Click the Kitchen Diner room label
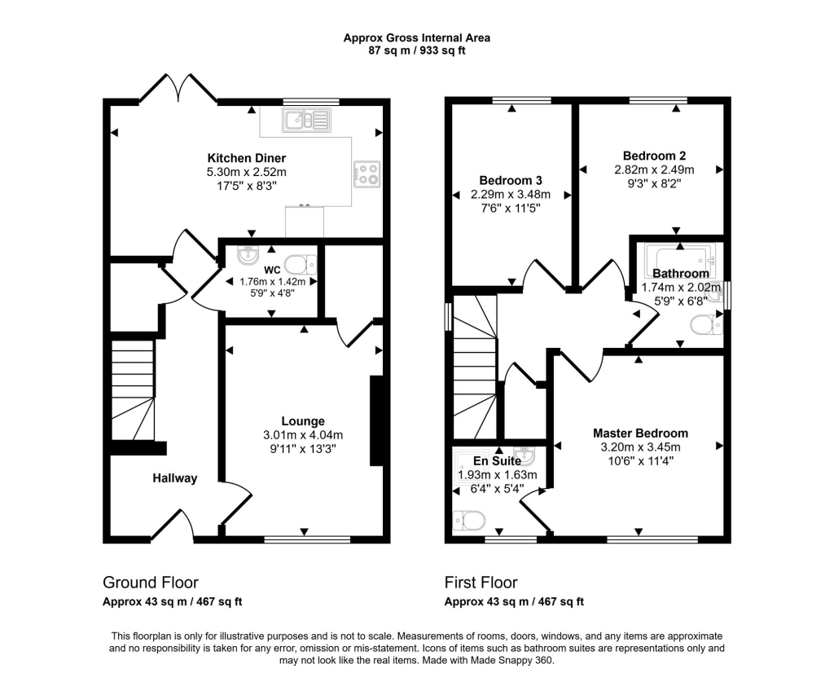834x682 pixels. click(247, 157)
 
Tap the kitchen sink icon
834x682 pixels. click(307, 121)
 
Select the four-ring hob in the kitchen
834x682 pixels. click(367, 173)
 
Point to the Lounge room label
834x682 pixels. click(303, 421)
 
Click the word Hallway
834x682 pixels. click(175, 478)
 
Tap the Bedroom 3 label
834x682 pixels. click(511, 180)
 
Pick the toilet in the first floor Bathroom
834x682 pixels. click(705, 326)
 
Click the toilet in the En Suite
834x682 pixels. click(470, 518)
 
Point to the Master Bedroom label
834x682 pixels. click(640, 433)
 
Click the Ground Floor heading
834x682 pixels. click(150, 583)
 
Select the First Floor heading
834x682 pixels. click(481, 583)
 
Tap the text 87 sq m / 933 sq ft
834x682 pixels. click(416, 51)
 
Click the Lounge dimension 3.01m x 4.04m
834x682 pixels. click(303, 434)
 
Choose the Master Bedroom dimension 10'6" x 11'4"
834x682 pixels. click(640, 460)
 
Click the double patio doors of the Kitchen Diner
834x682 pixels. click(178, 88)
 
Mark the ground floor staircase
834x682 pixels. click(132, 387)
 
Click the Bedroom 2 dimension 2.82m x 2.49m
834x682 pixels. click(654, 169)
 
